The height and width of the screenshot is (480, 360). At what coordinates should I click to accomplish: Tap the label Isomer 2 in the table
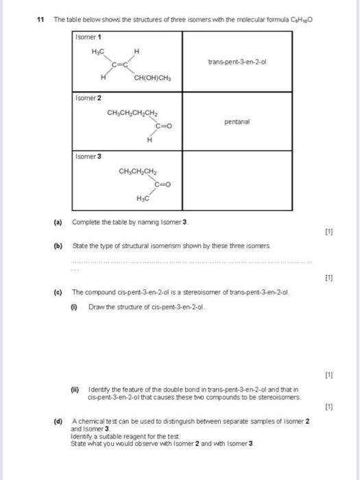tap(88, 99)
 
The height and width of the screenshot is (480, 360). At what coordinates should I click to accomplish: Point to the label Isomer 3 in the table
tap(88, 156)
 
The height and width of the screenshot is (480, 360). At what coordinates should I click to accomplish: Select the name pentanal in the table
tap(237, 122)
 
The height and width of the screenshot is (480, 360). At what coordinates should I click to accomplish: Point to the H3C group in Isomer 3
tap(143, 198)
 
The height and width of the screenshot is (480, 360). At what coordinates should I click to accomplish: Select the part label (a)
tap(58, 223)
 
